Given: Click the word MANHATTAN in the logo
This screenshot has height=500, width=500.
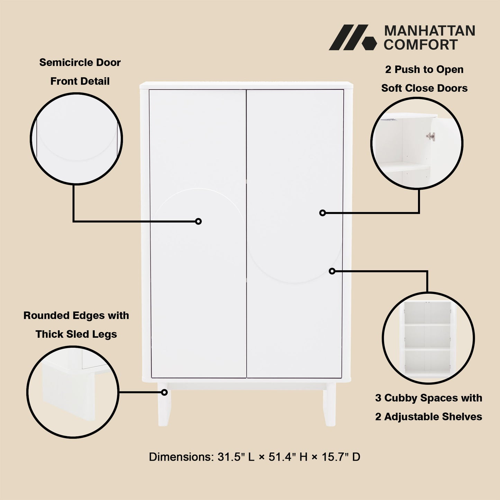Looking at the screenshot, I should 429,31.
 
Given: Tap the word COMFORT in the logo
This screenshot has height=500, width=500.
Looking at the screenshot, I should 420,45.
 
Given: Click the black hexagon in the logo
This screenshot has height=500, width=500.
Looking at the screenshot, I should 369,43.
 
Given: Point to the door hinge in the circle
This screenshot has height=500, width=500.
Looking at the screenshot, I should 430,136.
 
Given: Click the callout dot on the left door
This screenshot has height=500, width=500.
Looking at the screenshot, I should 198,221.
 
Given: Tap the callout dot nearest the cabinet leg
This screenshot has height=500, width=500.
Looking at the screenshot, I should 164,392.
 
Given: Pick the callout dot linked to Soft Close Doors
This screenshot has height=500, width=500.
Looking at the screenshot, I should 322,213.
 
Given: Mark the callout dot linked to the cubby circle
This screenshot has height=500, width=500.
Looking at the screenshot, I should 332,271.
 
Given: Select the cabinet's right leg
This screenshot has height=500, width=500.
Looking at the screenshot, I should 330,405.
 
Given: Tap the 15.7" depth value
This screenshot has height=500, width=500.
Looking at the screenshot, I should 334,457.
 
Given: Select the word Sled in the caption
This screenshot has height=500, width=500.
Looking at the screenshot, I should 78,334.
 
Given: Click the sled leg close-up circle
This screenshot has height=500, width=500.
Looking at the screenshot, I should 73,392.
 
